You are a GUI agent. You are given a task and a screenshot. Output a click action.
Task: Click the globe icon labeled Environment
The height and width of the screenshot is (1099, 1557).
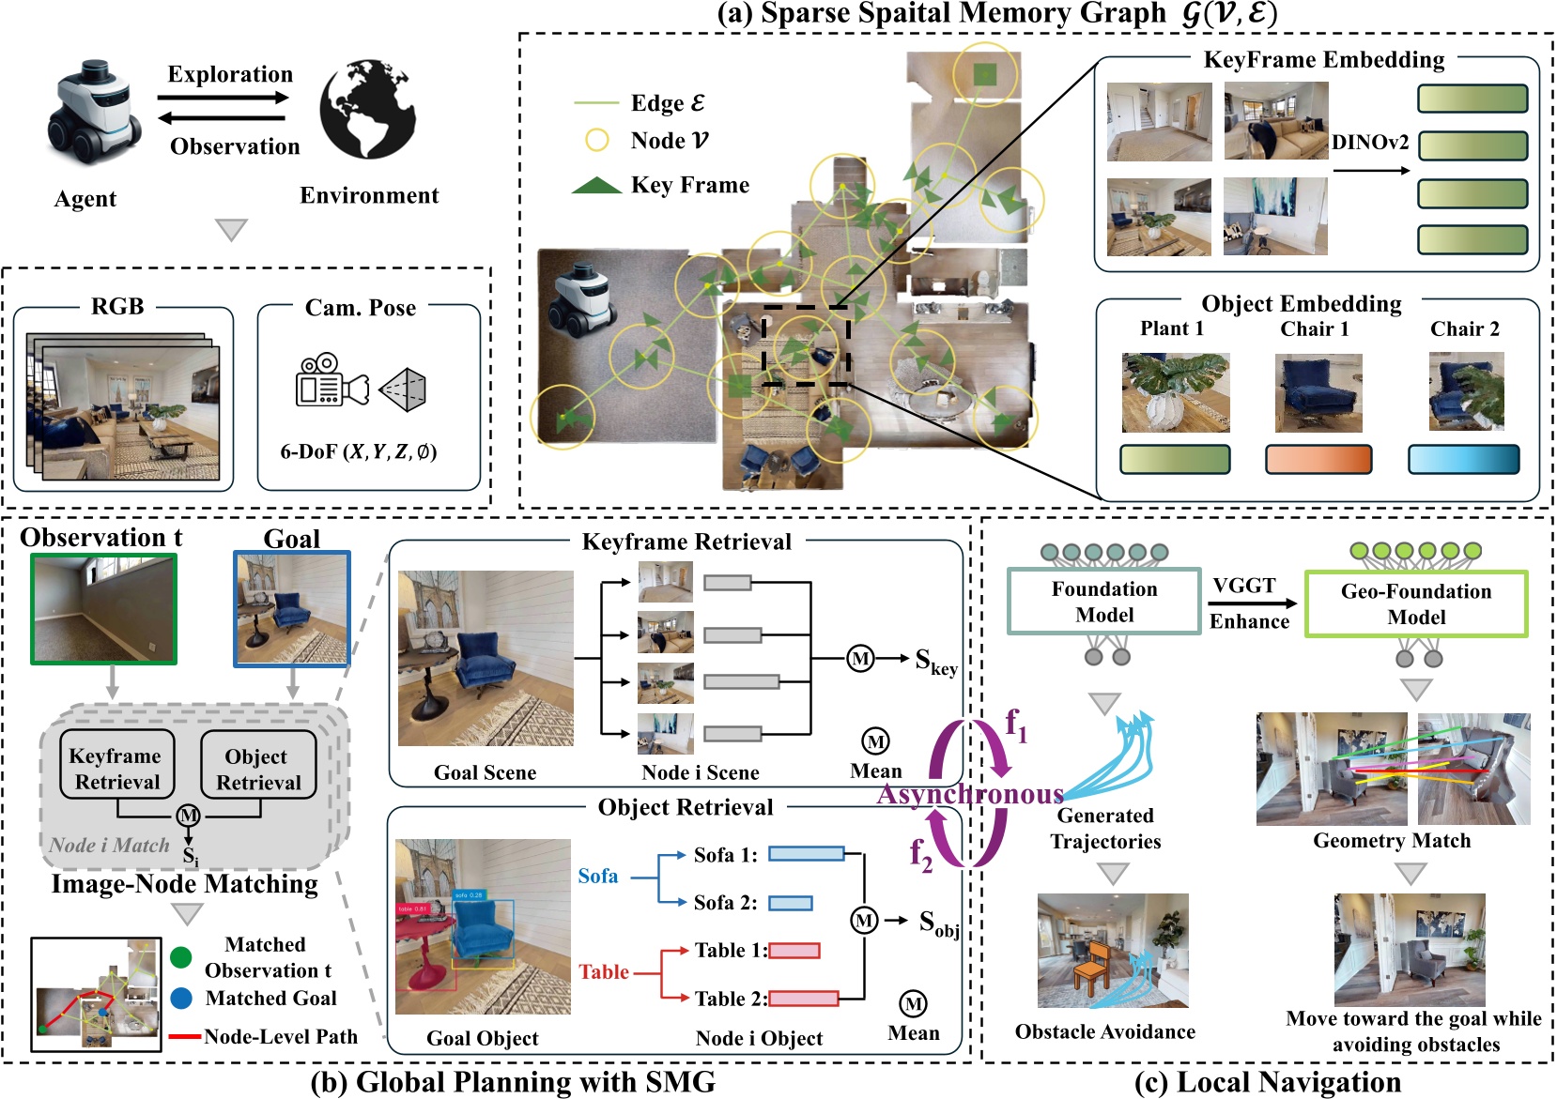(x=367, y=109)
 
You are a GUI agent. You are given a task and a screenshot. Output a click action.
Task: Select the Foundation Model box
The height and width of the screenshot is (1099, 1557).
(x=1103, y=602)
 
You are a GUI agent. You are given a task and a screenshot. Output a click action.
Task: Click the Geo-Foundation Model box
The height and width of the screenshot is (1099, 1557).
(x=1415, y=604)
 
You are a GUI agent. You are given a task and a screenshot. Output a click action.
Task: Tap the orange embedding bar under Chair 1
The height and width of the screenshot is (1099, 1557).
(x=1318, y=459)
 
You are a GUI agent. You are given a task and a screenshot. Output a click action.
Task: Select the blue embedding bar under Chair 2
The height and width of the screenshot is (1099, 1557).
(x=1463, y=459)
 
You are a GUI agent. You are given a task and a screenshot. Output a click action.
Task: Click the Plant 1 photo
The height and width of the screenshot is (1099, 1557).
(x=1175, y=392)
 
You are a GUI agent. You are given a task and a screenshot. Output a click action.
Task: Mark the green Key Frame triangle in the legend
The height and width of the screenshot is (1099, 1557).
(x=596, y=186)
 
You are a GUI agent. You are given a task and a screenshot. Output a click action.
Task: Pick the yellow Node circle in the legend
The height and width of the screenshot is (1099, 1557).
(x=596, y=140)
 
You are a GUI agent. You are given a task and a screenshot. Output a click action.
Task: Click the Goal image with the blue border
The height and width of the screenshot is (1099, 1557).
(x=292, y=609)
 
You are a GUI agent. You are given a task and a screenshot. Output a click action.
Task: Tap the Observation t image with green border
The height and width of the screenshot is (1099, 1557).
(x=103, y=609)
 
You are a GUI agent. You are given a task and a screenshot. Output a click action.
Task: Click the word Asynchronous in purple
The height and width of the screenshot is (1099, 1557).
(x=970, y=795)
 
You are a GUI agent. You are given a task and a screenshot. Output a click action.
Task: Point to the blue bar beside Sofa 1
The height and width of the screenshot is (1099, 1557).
(x=806, y=854)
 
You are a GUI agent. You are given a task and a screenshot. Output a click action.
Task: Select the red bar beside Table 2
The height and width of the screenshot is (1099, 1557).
(x=803, y=999)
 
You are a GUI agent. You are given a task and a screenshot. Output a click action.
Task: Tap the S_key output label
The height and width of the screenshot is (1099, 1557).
(x=935, y=662)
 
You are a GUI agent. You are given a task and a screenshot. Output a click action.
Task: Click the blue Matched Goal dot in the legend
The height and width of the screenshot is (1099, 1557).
(x=182, y=998)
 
